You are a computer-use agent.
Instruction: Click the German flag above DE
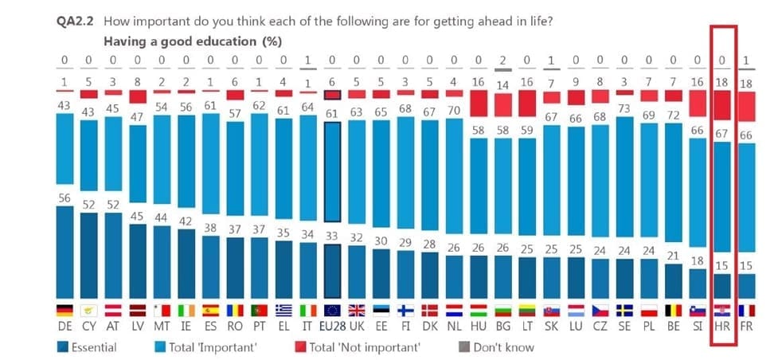coord(64,311)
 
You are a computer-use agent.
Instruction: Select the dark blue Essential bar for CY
coord(88,254)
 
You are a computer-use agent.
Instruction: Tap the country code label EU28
coord(332,327)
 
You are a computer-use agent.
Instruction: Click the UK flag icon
coord(357,311)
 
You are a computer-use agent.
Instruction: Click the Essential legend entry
coord(88,347)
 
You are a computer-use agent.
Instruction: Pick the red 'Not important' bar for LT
coord(527,103)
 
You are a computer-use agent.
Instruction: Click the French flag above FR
coord(747,311)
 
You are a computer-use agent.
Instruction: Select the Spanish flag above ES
coord(210,311)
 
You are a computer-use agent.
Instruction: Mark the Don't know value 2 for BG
coord(502,60)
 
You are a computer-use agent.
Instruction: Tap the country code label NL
coord(454,327)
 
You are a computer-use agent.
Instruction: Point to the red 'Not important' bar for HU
coord(479,102)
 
